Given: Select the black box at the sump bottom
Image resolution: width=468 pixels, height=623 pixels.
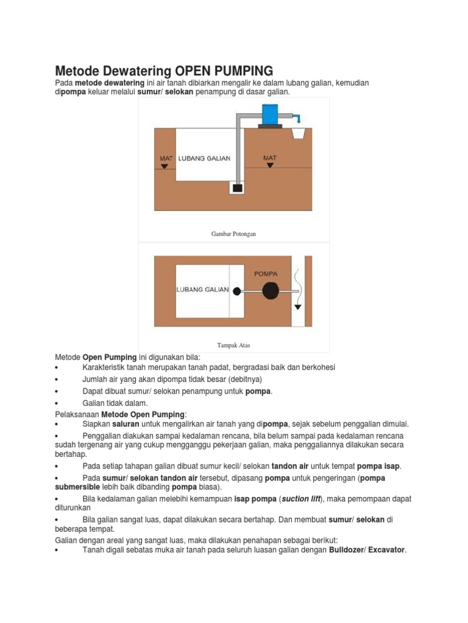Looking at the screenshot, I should (237, 188).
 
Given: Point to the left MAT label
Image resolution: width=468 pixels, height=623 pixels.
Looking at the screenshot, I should (166, 158).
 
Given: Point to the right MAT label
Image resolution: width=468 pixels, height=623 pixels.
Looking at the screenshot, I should (269, 158).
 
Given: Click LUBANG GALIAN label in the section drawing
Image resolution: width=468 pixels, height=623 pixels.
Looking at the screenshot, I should (204, 158).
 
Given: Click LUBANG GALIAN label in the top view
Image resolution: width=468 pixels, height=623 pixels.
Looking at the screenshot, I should (202, 290).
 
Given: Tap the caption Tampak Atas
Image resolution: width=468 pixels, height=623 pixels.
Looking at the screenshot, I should (234, 345).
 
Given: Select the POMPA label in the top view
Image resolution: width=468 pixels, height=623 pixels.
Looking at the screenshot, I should (266, 274).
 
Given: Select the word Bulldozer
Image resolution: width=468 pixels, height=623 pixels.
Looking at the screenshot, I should (347, 550).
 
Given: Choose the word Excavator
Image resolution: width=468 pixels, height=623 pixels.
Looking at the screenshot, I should (386, 550).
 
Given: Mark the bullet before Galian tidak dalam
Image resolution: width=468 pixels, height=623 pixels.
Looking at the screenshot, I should (56, 403).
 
